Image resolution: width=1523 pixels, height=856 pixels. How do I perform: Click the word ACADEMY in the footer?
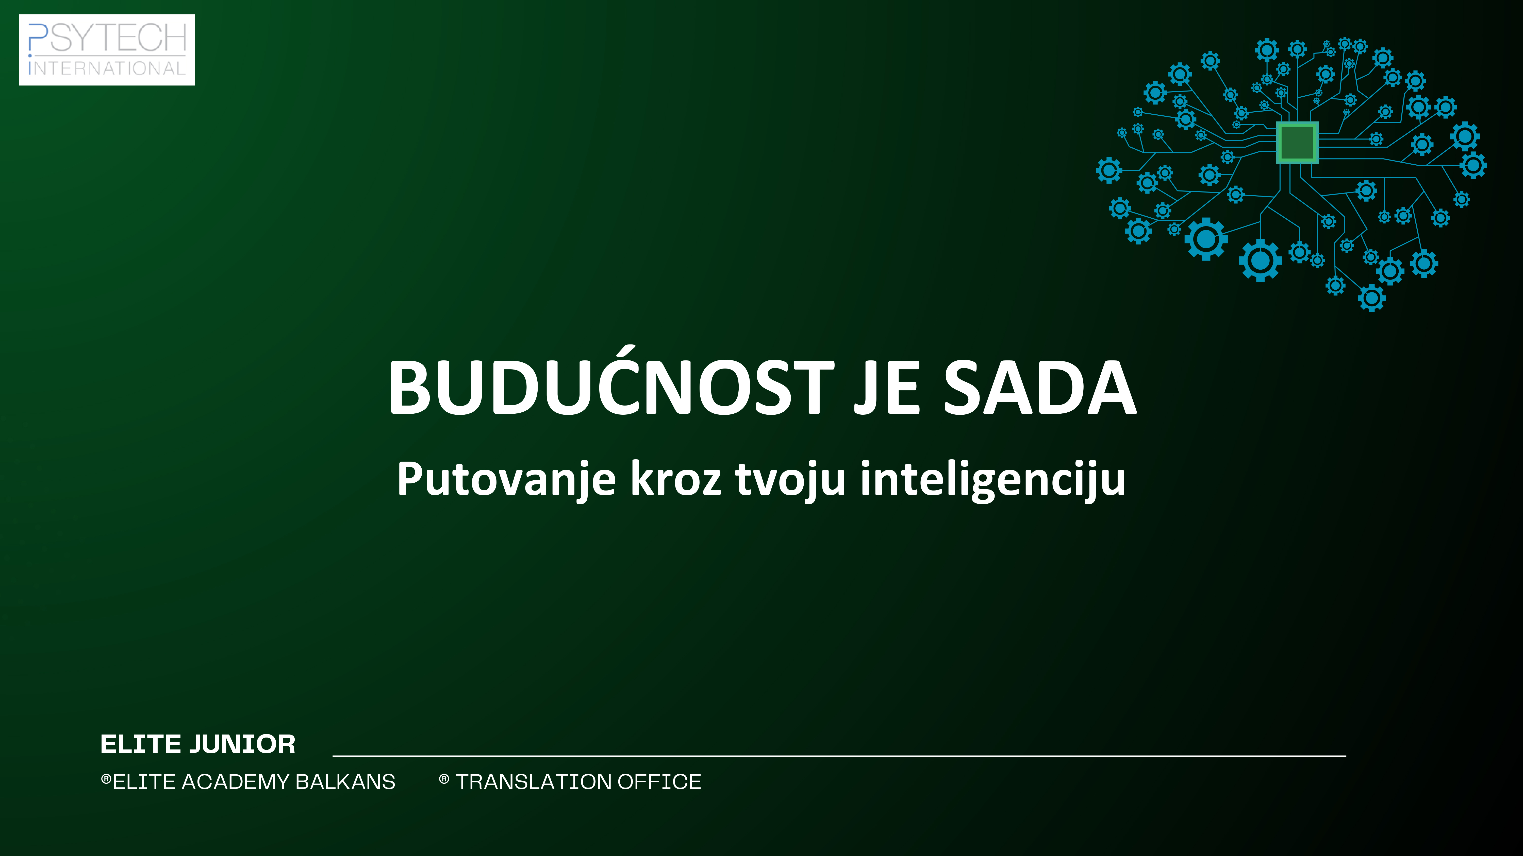pos(235,782)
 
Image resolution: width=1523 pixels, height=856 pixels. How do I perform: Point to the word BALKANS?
pos(345,782)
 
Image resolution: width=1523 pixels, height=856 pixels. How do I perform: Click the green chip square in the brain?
pos(1297,142)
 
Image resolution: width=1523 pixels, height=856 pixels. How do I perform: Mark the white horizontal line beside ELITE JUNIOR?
pos(839,756)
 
